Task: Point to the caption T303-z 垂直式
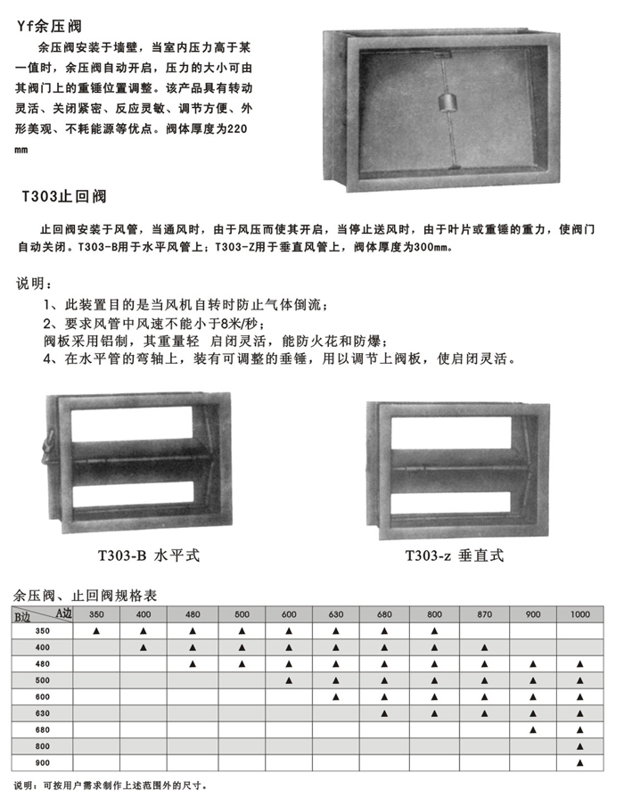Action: [455, 555]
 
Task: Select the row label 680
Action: [42, 729]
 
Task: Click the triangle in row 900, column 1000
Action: [580, 762]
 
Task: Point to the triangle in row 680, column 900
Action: [532, 729]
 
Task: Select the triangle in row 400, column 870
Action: [484, 648]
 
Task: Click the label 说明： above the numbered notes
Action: [35, 284]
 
